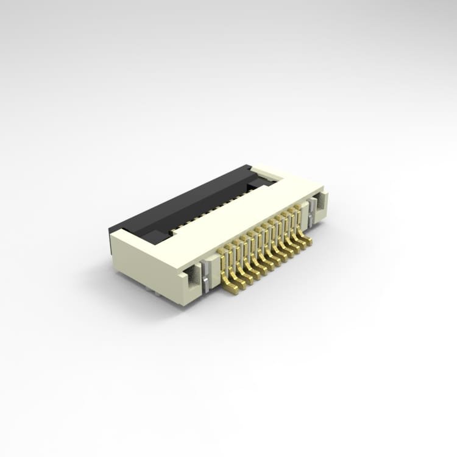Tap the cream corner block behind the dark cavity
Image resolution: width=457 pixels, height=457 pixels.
click(x=268, y=172)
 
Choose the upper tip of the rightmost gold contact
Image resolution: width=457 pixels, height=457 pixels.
click(x=298, y=207)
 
